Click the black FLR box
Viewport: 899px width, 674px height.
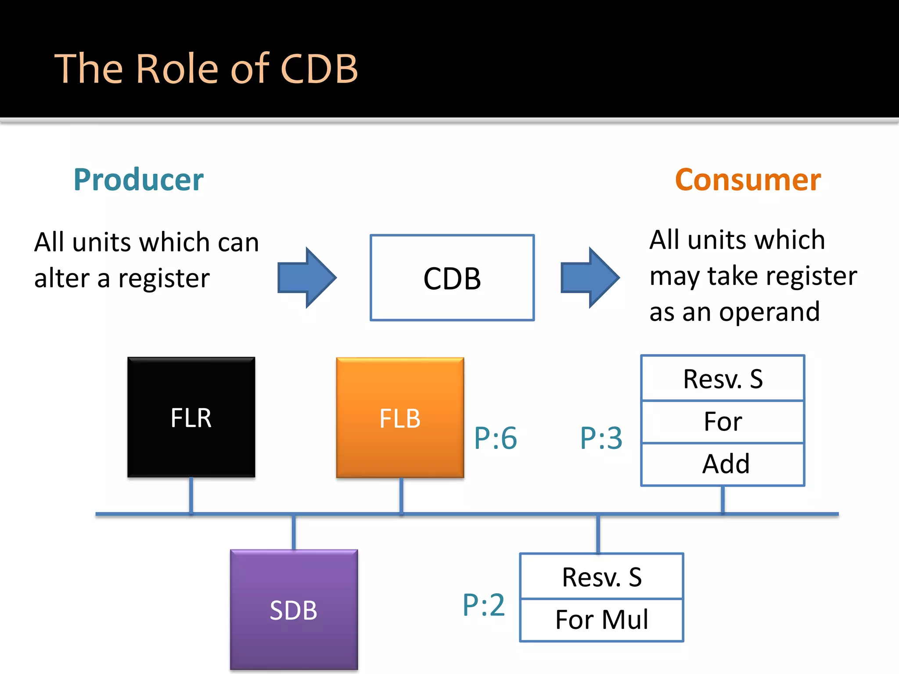click(191, 417)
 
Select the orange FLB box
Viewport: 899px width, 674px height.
click(400, 417)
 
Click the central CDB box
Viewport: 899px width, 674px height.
click(452, 278)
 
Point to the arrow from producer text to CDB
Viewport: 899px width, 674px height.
click(307, 277)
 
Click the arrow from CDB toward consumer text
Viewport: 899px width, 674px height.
click(590, 277)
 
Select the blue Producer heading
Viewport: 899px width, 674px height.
click(138, 179)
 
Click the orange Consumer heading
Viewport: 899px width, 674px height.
click(748, 179)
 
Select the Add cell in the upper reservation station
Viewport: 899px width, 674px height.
click(725, 464)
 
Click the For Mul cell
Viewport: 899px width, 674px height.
click(601, 620)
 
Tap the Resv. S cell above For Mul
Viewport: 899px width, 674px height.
click(601, 577)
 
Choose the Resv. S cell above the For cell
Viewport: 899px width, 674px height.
click(723, 379)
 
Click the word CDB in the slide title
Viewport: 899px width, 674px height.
click(319, 69)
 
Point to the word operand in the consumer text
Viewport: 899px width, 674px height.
click(769, 312)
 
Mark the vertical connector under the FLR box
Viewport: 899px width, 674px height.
click(191, 495)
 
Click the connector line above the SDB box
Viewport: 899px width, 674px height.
click(294, 532)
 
